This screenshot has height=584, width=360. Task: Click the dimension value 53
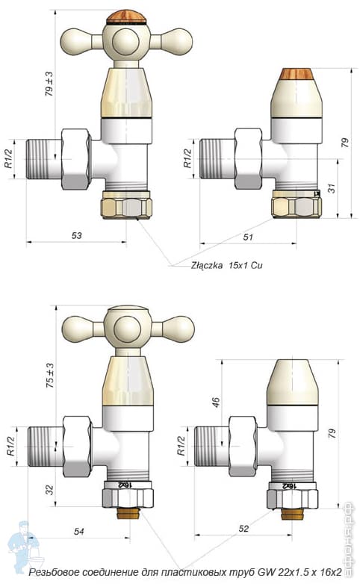[75, 235]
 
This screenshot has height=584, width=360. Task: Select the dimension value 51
[248, 237]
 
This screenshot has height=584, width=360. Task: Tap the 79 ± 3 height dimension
[49, 84]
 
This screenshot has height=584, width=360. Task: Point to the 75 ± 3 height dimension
[49, 375]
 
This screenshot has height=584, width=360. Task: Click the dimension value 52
[244, 529]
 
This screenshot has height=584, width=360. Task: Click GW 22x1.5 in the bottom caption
[277, 572]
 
